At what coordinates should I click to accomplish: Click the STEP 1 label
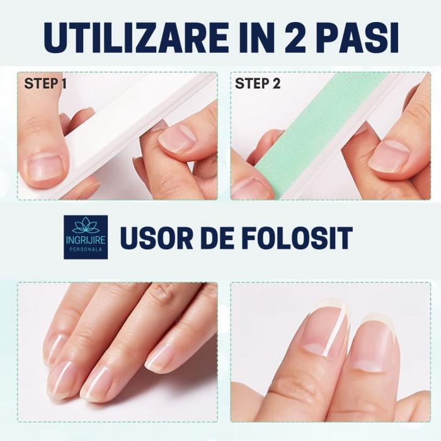coord(45,84)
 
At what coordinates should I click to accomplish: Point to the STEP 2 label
coord(258,84)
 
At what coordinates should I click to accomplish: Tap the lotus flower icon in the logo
coord(86,226)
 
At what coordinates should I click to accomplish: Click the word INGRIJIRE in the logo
coord(86,240)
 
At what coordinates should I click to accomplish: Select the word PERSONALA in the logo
coord(86,249)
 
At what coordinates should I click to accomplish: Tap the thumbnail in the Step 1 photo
coord(45,168)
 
